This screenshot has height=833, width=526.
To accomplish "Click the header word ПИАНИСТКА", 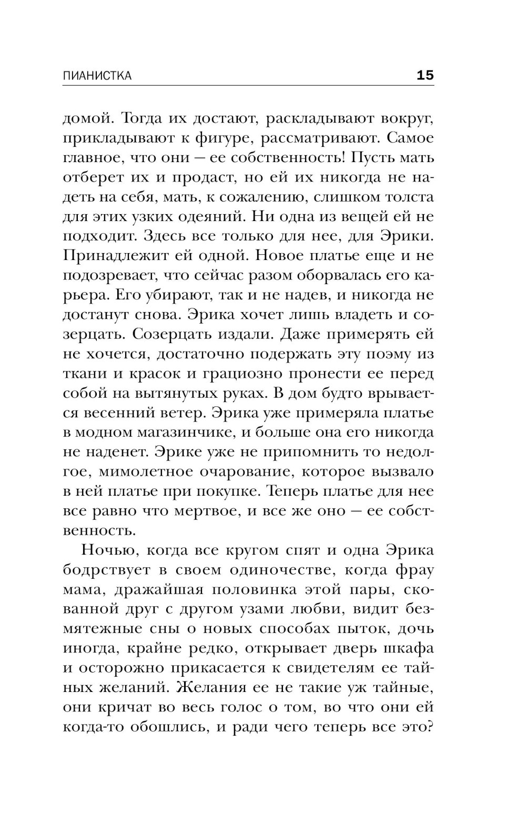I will coord(97,76).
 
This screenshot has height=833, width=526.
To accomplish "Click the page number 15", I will coord(425,75).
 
